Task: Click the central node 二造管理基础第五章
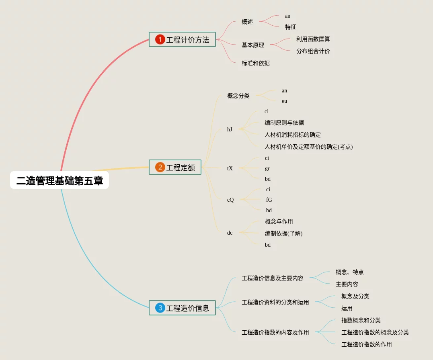point(60,180)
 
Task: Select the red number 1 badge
point(160,39)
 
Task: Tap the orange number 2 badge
point(160,167)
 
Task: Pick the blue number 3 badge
point(160,308)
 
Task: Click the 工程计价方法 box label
point(188,40)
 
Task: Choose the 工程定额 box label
point(181,168)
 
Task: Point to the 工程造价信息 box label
point(188,308)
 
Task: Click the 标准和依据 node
point(256,63)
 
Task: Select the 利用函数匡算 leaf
point(313,39)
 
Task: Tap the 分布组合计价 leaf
point(313,51)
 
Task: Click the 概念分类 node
point(238,96)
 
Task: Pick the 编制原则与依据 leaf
point(284,123)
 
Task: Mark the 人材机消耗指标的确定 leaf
point(293,135)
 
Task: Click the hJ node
point(230,129)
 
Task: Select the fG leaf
point(269,200)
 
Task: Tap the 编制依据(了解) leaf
point(284,233)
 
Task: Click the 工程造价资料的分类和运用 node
point(275,302)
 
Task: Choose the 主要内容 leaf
point(347,284)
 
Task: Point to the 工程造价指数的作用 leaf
point(367,344)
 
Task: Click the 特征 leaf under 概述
point(291,27)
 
